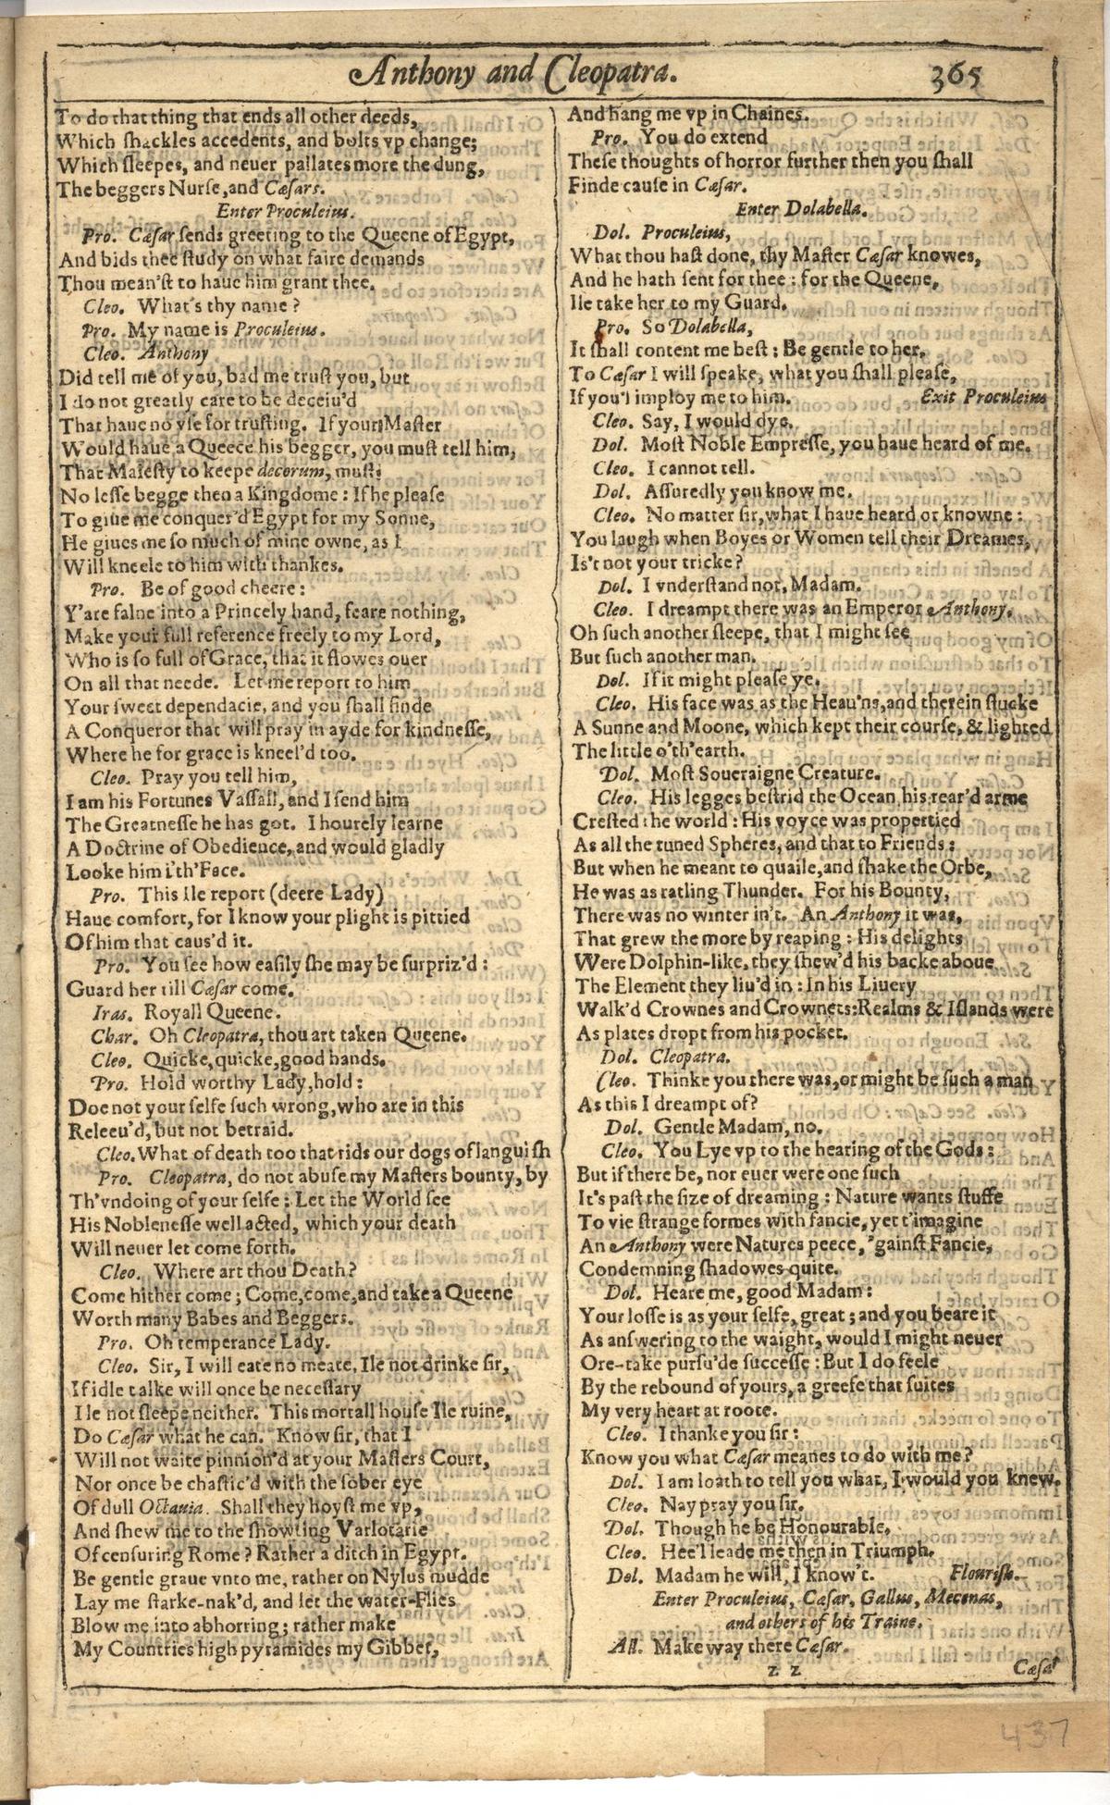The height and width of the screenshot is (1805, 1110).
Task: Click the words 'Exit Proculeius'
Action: (x=987, y=397)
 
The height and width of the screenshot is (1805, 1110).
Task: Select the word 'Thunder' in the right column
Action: (x=758, y=892)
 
